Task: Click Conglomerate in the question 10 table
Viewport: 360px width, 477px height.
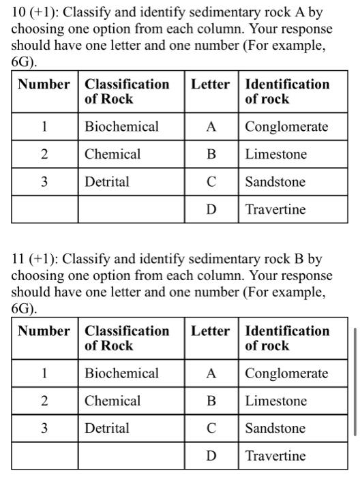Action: pos(286,127)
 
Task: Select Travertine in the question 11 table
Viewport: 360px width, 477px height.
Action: pos(275,456)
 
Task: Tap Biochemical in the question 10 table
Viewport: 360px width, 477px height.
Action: pos(121,127)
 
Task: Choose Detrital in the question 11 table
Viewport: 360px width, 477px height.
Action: pos(106,429)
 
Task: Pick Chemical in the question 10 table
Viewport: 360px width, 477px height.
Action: pos(112,154)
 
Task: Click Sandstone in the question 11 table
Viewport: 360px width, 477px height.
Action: pos(275,429)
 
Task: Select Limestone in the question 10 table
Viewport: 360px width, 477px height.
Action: pos(276,154)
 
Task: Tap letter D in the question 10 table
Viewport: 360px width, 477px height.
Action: pos(211,209)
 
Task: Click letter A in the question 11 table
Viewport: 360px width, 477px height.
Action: pos(211,373)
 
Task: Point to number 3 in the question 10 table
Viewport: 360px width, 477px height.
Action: pos(44,182)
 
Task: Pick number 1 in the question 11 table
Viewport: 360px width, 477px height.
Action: pos(44,373)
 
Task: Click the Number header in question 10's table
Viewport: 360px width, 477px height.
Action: pos(44,84)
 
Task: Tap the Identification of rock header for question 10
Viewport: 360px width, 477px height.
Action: pos(287,91)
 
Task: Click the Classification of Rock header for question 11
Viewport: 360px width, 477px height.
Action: pos(127,338)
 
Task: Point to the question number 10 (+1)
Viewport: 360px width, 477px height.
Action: pos(35,14)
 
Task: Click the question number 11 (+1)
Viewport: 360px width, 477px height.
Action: pos(35,260)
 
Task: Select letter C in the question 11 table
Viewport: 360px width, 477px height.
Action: pos(211,429)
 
